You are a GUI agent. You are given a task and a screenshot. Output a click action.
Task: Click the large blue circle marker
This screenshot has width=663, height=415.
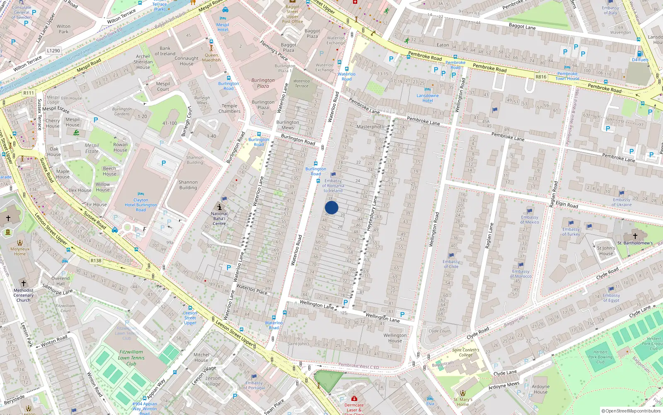[331, 208]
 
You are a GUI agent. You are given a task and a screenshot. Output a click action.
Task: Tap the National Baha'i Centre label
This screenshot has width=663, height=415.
[219, 219]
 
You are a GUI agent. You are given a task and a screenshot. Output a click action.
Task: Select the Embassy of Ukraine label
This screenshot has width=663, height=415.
[622, 202]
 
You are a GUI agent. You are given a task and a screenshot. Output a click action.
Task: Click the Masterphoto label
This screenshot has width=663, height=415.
[370, 127]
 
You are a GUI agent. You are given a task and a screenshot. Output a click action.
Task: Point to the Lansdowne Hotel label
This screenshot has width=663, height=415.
[428, 98]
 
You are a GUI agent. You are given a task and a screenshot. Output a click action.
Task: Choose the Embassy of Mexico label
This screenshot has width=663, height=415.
[530, 220]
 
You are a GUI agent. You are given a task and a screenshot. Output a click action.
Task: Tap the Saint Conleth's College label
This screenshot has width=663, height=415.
[465, 352]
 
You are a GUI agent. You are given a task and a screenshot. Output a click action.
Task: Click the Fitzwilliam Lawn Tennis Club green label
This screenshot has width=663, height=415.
[131, 358]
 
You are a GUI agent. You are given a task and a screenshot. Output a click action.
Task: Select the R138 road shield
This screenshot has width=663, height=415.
[96, 261]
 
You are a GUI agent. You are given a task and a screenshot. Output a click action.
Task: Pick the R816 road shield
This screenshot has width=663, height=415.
[541, 77]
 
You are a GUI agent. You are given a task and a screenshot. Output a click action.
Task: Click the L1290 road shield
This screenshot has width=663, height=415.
[53, 51]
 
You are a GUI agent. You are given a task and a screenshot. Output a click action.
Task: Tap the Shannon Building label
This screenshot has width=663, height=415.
[188, 185]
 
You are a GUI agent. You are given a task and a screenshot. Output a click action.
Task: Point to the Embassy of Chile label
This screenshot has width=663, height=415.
[451, 264]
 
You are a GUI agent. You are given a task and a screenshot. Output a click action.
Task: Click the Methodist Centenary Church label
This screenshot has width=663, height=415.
[23, 295]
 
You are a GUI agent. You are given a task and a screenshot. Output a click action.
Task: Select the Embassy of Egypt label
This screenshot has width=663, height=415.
[611, 298]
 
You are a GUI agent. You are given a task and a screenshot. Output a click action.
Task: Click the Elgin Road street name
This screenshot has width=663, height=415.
[566, 205]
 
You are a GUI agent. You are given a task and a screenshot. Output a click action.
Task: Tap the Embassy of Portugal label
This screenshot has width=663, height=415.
[254, 386]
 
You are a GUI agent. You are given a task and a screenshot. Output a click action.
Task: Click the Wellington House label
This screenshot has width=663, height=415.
[395, 338]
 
